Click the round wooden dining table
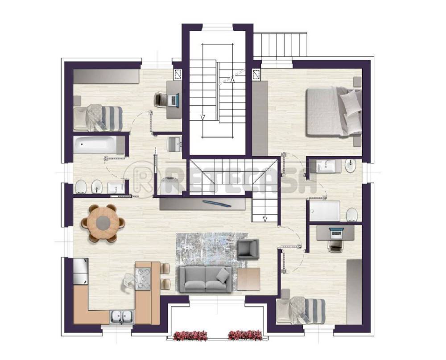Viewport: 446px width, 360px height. [x=103, y=223]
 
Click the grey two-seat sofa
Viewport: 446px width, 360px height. [x=205, y=279]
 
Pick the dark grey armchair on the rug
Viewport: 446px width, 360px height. [x=248, y=249]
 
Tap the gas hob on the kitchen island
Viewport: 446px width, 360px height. [x=143, y=278]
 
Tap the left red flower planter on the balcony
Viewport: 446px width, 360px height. [x=190, y=335]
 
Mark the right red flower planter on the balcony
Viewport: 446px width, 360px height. [x=245, y=335]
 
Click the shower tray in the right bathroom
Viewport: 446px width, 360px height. [x=325, y=211]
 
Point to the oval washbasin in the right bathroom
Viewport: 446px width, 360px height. [x=351, y=166]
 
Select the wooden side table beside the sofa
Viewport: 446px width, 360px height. [x=248, y=279]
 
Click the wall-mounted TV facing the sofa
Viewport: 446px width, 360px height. [x=216, y=203]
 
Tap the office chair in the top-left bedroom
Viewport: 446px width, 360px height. [x=160, y=100]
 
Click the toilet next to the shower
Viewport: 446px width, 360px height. [x=352, y=214]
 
